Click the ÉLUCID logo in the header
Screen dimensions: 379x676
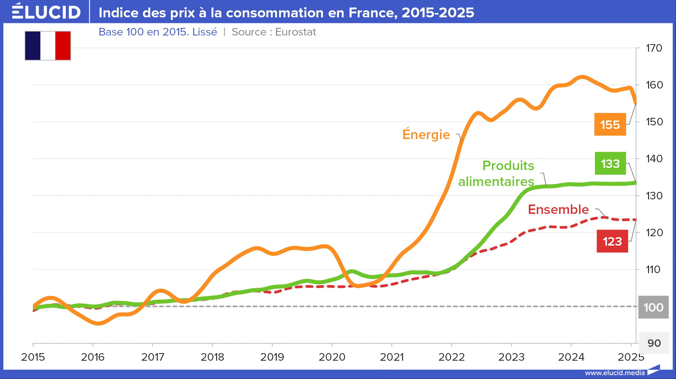pyautogui.click(x=46, y=11)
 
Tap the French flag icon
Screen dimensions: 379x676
pyautogui.click(x=48, y=46)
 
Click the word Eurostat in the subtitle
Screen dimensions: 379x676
pyautogui.click(x=296, y=32)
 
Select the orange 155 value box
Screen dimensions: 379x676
pyautogui.click(x=610, y=124)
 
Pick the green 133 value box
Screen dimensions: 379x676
pyautogui.click(x=610, y=163)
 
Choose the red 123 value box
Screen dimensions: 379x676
pyautogui.click(x=612, y=241)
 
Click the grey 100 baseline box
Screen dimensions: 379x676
pyautogui.click(x=654, y=307)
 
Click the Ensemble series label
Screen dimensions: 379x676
pyautogui.click(x=558, y=209)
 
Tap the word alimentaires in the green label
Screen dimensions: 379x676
pyautogui.click(x=496, y=182)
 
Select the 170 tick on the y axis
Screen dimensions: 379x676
pyautogui.click(x=654, y=48)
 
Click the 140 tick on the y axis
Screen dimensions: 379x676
pyautogui.click(x=654, y=159)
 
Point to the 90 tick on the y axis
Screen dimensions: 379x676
pyautogui.click(x=654, y=343)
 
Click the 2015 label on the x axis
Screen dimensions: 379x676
pyautogui.click(x=33, y=357)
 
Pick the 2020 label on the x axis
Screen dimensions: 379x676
pyautogui.click(x=332, y=357)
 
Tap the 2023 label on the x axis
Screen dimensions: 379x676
pyautogui.click(x=511, y=357)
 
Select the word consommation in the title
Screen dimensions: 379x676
pyautogui.click(x=275, y=13)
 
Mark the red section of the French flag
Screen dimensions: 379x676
pyautogui.click(x=63, y=46)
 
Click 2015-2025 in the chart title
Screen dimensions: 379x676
pyautogui.click(x=438, y=13)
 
